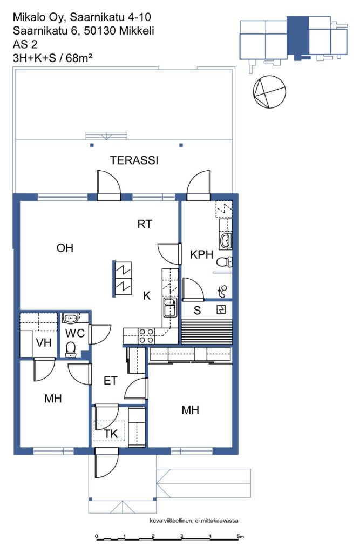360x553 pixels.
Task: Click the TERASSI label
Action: coord(134,160)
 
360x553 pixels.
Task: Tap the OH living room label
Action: coord(65,248)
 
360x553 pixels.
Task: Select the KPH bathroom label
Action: coord(201,254)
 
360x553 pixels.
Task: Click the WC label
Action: coord(75,333)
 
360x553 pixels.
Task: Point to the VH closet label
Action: coord(44,342)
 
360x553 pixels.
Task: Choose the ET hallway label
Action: coord(110,381)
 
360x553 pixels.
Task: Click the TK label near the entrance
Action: coord(111,434)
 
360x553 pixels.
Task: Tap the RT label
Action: coord(145,224)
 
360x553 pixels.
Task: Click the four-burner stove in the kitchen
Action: coord(146,336)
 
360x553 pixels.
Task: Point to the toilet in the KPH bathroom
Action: coord(224,262)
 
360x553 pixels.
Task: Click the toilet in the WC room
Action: coord(71,349)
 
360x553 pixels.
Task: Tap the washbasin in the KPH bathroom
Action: coord(226,241)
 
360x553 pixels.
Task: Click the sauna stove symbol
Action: coord(221,309)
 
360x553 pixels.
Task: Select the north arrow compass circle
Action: coord(269,92)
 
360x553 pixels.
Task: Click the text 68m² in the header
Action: coord(79,58)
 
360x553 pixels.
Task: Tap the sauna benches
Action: coord(207,332)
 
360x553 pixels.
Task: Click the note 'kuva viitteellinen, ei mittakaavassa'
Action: coord(194,521)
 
